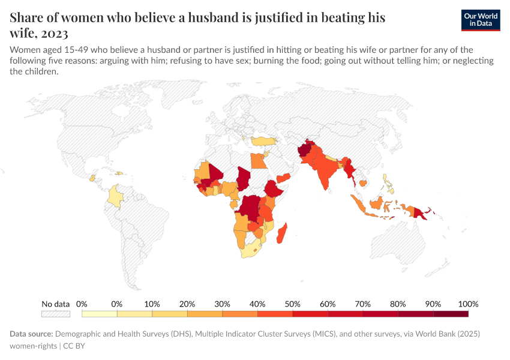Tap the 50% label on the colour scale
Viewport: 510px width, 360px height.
pyautogui.click(x=292, y=304)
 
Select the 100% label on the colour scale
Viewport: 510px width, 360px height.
pyautogui.click(x=467, y=304)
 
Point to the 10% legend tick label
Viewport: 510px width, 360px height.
pyautogui.click(x=152, y=304)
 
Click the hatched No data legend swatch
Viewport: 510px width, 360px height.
pyautogui.click(x=55, y=314)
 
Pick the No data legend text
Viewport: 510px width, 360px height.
pyautogui.click(x=55, y=304)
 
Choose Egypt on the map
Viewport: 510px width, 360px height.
pyautogui.click(x=257, y=161)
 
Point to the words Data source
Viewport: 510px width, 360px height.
pyautogui.click(x=31, y=334)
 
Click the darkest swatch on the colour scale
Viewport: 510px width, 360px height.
pyautogui.click(x=451, y=314)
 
